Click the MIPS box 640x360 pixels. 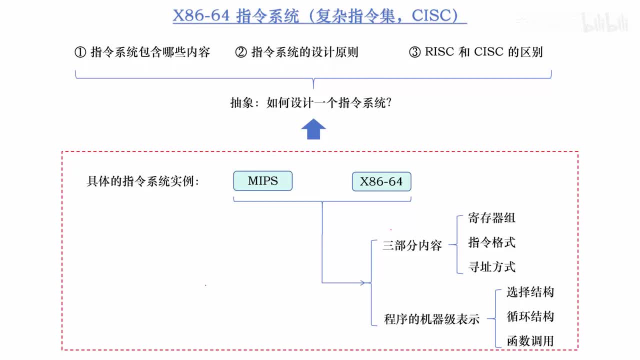point(262,181)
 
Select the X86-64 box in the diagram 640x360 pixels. point(381,181)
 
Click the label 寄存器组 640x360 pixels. point(491,218)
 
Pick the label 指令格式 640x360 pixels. point(491,242)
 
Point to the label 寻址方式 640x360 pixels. point(491,267)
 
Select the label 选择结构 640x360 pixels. point(530,292)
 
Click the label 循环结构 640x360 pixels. point(530,316)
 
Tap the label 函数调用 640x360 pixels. point(530,341)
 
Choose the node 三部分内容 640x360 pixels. point(412,245)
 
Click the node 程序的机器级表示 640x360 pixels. point(431,319)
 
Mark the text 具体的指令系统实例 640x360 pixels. point(142,181)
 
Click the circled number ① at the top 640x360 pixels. point(80,52)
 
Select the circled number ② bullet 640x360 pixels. point(241,52)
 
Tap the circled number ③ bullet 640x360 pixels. point(414,52)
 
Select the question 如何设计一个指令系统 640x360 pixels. point(328,103)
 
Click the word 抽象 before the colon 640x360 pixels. point(242,103)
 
